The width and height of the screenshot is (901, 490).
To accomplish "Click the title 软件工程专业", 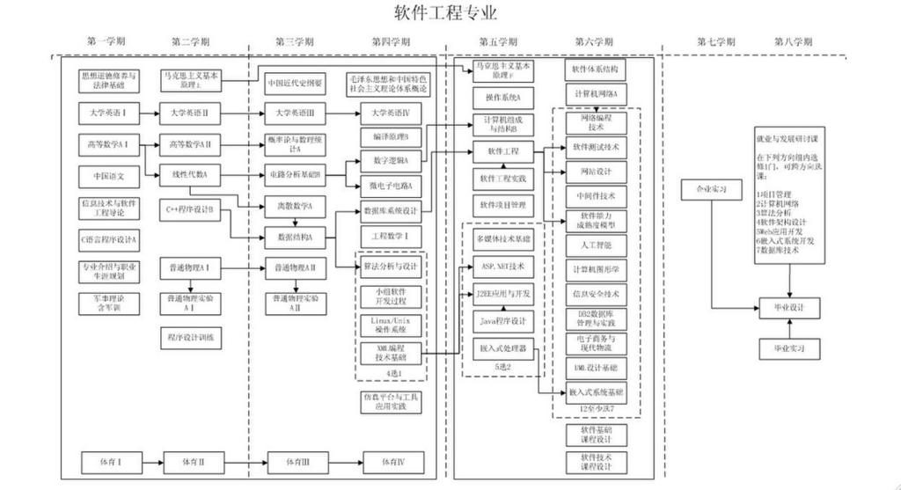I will (x=445, y=13).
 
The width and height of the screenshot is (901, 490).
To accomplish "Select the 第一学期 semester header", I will (x=106, y=41).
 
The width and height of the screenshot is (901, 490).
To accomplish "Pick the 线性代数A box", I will (x=190, y=175).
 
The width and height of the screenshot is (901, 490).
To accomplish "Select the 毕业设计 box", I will (x=789, y=307).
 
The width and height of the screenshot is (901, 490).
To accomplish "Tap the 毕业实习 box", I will (x=789, y=348).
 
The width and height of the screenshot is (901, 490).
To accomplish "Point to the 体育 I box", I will (x=107, y=461).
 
